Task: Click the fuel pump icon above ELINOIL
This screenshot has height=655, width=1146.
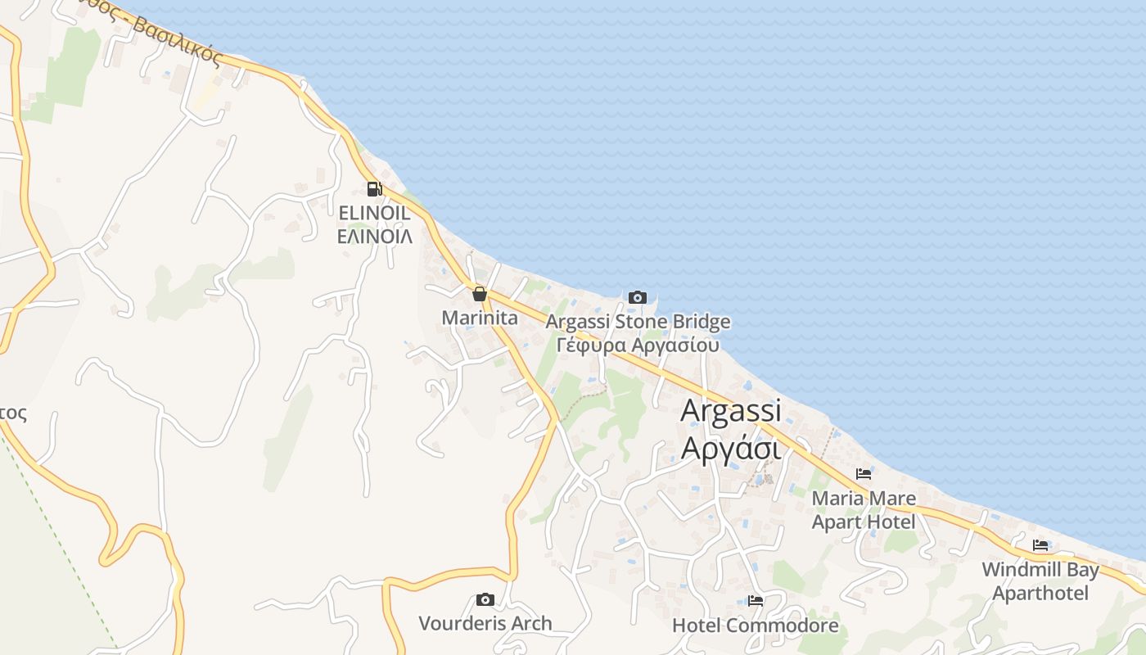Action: pyautogui.click(x=374, y=189)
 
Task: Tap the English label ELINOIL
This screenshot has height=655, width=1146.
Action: pyautogui.click(x=374, y=213)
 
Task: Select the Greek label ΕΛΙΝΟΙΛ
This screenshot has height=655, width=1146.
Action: pyautogui.click(x=374, y=236)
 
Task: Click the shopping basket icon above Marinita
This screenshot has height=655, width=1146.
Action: pyautogui.click(x=480, y=294)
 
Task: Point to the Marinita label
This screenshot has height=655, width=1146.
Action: pyautogui.click(x=480, y=317)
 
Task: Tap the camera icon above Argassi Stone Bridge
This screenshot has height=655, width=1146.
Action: pyautogui.click(x=638, y=297)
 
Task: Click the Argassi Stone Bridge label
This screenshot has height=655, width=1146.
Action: pyautogui.click(x=638, y=322)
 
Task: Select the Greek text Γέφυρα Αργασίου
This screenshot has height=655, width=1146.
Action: pyautogui.click(x=638, y=345)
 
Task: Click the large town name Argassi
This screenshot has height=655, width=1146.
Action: pyautogui.click(x=731, y=410)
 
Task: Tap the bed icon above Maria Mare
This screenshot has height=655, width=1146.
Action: pyautogui.click(x=863, y=473)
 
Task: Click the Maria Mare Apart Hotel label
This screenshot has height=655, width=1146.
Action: pyautogui.click(x=864, y=509)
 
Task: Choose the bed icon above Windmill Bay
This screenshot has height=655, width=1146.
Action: pyautogui.click(x=1040, y=544)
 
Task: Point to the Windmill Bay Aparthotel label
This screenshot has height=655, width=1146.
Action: pyautogui.click(x=1040, y=580)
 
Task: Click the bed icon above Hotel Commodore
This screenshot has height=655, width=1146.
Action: pyautogui.click(x=756, y=601)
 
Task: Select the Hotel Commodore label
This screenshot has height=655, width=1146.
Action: pyautogui.click(x=756, y=626)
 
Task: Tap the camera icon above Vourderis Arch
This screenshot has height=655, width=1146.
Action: pyautogui.click(x=485, y=599)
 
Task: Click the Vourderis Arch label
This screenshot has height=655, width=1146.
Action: pyautogui.click(x=485, y=623)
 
